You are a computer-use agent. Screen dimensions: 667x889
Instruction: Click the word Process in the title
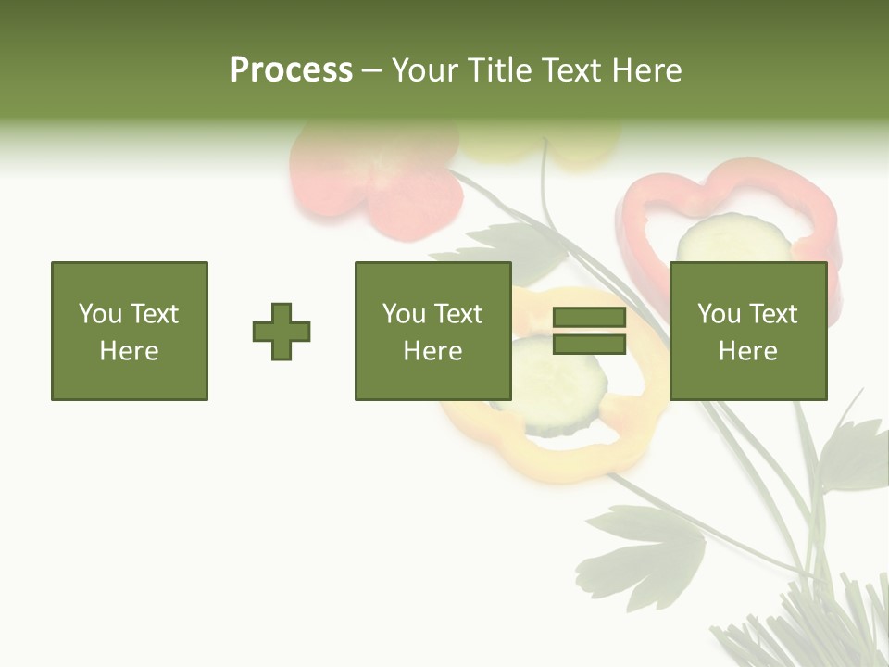coord(291,70)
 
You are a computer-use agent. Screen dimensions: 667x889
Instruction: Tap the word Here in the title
coord(646,70)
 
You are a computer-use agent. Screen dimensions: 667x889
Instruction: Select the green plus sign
coord(282,332)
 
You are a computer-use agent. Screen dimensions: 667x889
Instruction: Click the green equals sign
coord(589,332)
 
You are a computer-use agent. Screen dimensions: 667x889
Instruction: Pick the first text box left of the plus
coord(130,332)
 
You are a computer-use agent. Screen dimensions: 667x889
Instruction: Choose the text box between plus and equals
coord(432,332)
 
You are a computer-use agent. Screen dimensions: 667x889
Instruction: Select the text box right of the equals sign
coord(747,332)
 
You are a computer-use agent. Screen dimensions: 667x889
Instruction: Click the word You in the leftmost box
coord(100,314)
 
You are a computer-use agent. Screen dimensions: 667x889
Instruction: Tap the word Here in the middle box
coord(432,351)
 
